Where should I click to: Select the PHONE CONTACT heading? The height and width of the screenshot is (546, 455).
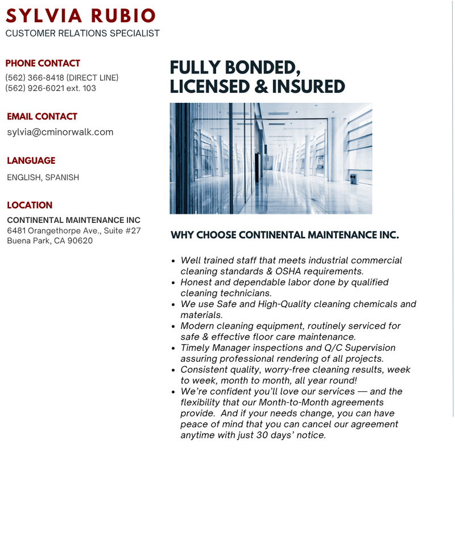(43, 63)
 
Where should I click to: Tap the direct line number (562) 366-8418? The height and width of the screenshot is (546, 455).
(35, 77)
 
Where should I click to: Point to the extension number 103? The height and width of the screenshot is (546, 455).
(89, 88)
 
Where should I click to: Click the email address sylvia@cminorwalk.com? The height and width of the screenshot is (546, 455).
(60, 132)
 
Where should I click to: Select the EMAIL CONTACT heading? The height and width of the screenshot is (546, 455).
(42, 117)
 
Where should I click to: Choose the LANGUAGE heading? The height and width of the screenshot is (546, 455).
(31, 161)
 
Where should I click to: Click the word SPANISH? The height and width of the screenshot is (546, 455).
(62, 177)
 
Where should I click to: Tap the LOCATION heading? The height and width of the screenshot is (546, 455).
(30, 205)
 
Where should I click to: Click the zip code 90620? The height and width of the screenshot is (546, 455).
(81, 241)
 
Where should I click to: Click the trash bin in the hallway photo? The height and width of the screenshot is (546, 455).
(354, 179)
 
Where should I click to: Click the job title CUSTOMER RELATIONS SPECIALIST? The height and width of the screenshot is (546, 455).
(82, 34)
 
